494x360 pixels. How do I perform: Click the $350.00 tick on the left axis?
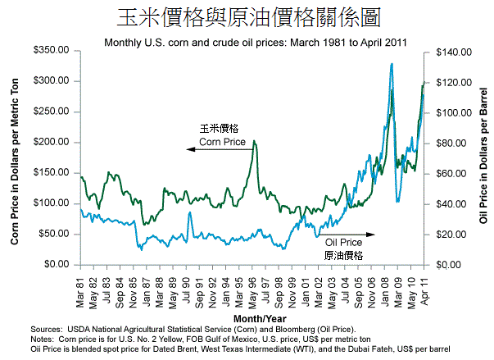(49, 51)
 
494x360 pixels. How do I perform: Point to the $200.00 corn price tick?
(49, 142)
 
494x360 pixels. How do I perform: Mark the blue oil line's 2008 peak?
(392, 64)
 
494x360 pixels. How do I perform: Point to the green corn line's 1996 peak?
(254, 141)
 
